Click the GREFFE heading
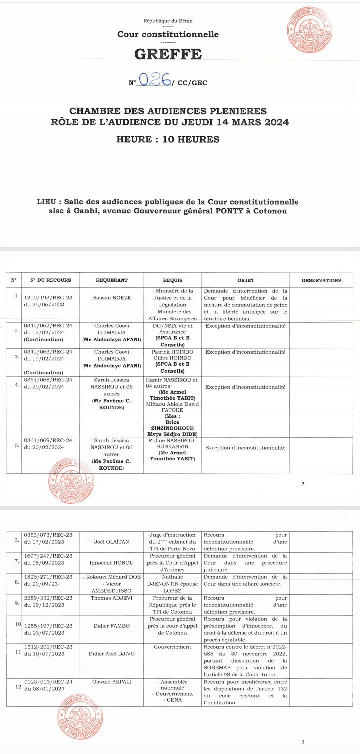click(168, 54)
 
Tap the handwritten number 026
click(154, 79)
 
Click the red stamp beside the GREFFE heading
click(310, 31)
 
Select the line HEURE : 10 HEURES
click(168, 139)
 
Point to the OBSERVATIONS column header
click(321, 280)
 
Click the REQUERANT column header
click(112, 280)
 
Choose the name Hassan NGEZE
click(112, 297)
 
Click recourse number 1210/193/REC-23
click(48, 297)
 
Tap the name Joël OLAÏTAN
click(112, 541)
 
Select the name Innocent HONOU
click(112, 562)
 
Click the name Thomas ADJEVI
click(112, 598)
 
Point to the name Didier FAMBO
click(112, 626)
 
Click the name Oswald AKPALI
click(112, 681)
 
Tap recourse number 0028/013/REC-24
click(48, 681)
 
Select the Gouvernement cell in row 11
click(172, 647)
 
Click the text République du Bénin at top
click(168, 21)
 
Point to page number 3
click(303, 742)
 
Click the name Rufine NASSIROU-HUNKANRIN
click(172, 444)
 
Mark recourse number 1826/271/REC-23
click(48, 576)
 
